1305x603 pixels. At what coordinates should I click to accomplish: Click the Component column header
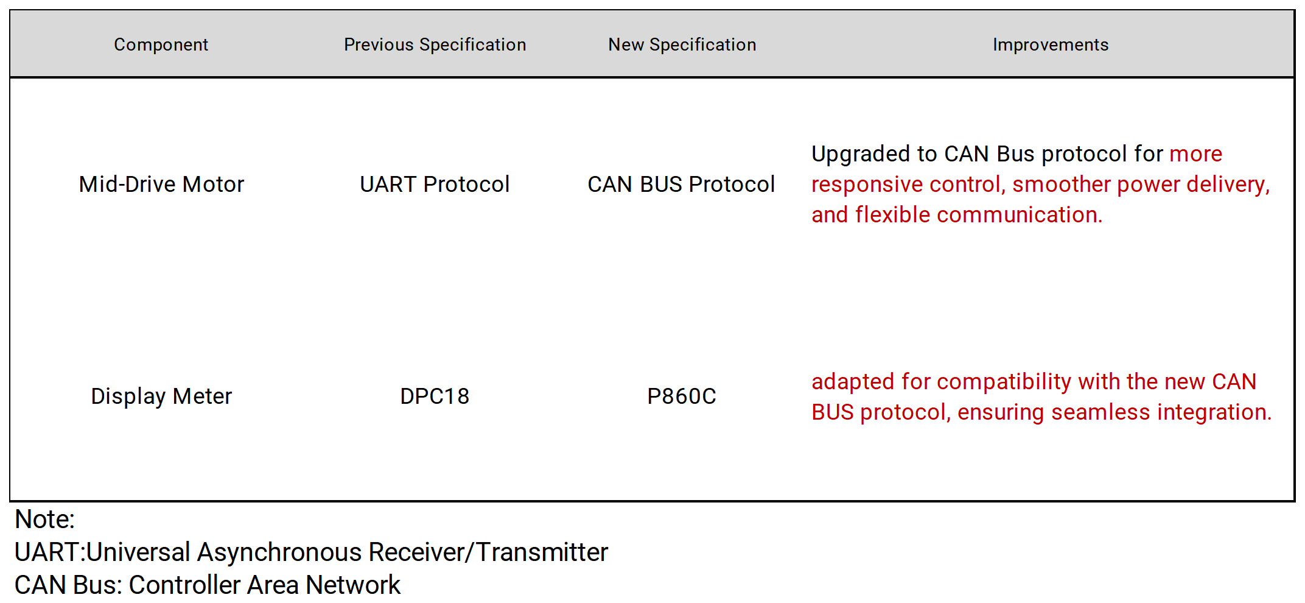pos(161,44)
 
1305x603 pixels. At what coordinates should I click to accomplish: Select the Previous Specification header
pos(435,44)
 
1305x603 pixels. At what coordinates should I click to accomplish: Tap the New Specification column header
pos(682,44)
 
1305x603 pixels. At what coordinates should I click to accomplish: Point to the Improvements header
pos(1051,44)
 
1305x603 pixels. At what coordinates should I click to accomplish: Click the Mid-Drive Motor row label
pos(161,184)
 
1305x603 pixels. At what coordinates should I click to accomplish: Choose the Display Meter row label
pos(161,396)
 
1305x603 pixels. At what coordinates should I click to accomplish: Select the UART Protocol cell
pos(435,184)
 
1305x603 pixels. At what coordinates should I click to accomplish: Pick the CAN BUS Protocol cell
pos(681,184)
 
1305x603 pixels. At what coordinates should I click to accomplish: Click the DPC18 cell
pos(435,396)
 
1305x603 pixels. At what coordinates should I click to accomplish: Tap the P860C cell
pos(682,396)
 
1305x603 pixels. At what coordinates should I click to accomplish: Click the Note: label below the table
pos(44,520)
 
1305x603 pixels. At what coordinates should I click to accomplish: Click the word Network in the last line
pos(353,585)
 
